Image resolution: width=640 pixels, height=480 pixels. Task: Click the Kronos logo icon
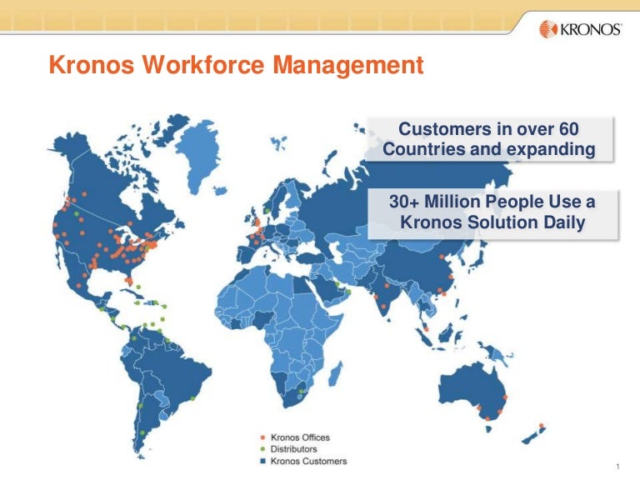547,29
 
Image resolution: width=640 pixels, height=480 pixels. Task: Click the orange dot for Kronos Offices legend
263,437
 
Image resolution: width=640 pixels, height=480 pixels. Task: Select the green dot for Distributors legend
263,449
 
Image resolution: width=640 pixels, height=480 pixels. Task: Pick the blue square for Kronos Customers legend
263,461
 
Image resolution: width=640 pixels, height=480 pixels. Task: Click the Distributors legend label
294,449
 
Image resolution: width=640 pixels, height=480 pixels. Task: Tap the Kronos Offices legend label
302,437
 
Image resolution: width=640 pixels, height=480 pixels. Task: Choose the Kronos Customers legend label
309,461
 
